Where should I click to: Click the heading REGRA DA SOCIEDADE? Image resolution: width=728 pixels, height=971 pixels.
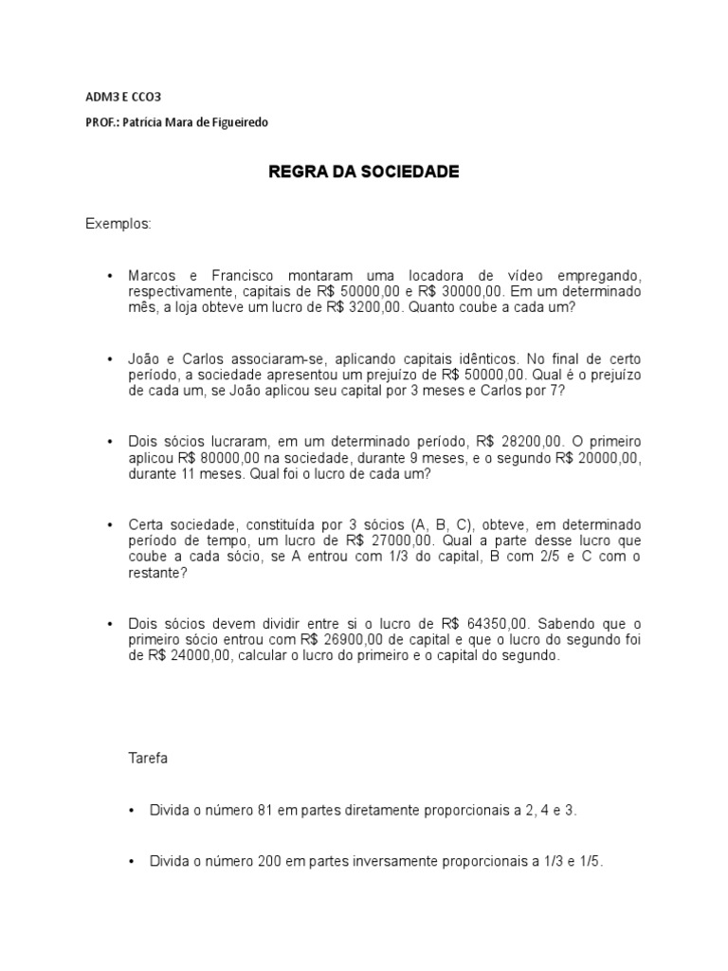pos(364,172)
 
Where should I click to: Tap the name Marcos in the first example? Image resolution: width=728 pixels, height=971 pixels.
pos(152,275)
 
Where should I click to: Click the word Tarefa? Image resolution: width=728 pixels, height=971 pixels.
pos(147,760)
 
